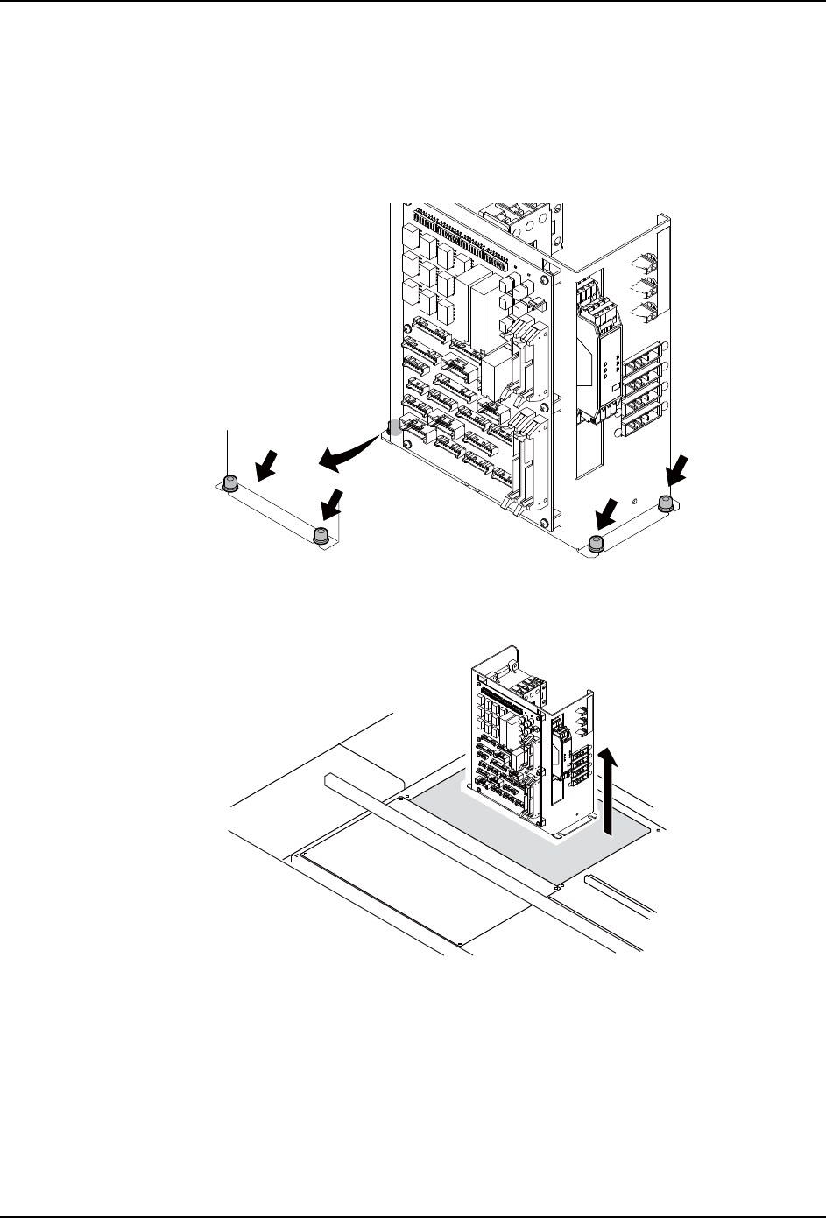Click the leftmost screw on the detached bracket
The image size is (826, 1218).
click(x=229, y=482)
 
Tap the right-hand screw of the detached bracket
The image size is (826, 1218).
click(x=321, y=535)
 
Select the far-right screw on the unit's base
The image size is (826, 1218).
click(x=666, y=503)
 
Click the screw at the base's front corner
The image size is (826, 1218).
click(x=596, y=543)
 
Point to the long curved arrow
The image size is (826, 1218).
click(x=350, y=452)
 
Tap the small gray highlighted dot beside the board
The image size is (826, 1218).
click(x=395, y=428)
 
